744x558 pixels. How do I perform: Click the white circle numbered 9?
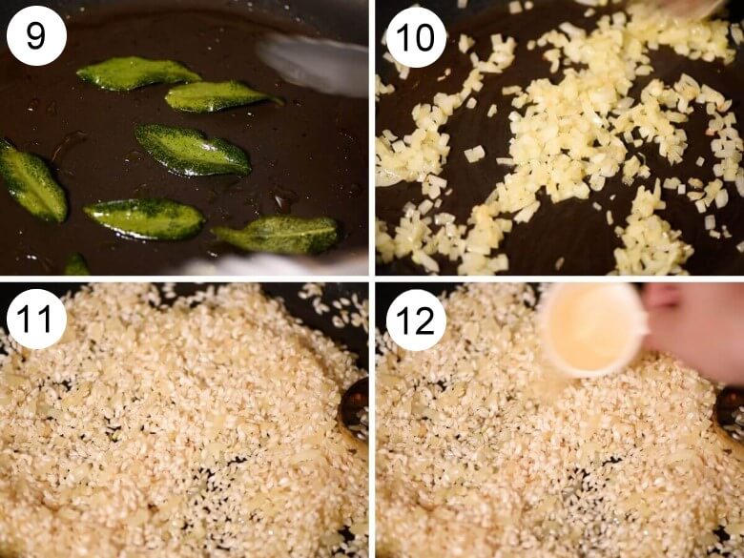[36, 36]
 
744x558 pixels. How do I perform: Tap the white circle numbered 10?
[416, 37]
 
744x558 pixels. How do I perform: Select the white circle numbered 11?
[36, 319]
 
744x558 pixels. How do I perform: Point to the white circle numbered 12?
[416, 320]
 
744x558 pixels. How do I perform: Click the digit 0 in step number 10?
[424, 37]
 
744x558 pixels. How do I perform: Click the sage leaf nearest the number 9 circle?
[137, 73]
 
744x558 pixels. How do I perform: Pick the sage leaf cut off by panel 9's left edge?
[31, 181]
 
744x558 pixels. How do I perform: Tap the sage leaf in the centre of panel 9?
[193, 151]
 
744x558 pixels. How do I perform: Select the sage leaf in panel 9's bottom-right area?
[276, 235]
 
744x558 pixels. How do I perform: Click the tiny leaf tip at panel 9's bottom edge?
[76, 265]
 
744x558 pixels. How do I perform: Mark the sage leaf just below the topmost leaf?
[222, 95]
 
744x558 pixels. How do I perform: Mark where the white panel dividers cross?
[372, 279]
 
